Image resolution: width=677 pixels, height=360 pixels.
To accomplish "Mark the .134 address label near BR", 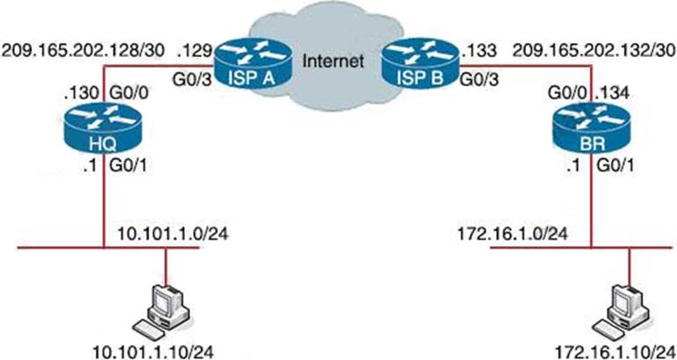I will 612,91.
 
